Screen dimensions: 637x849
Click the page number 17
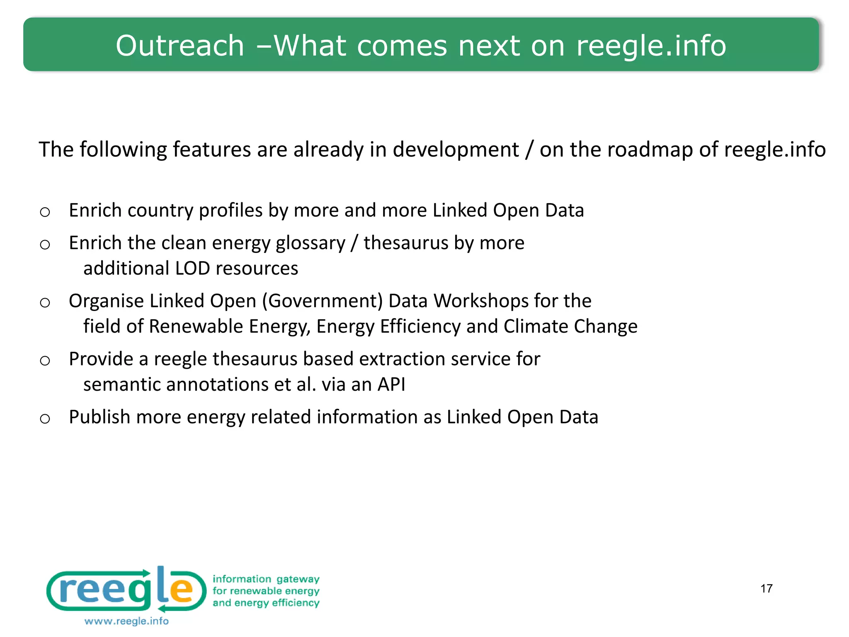[x=766, y=588]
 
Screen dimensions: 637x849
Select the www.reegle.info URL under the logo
[x=126, y=621]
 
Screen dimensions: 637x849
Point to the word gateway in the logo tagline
[x=298, y=579]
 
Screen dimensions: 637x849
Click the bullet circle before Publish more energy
[x=45, y=418]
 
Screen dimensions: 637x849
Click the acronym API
[x=391, y=384]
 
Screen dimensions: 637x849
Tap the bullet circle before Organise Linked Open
[x=45, y=302]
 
